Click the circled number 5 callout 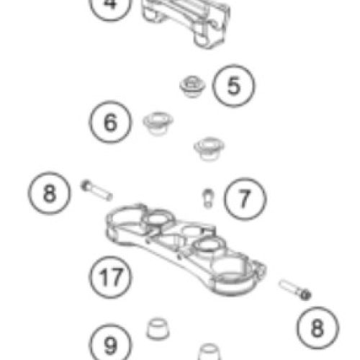pyautogui.click(x=233, y=86)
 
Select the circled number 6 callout pyautogui.click(x=110, y=122)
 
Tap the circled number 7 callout pyautogui.click(x=245, y=199)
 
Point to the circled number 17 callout pyautogui.click(x=110, y=277)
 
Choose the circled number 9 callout pyautogui.click(x=110, y=343)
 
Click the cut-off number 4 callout pyautogui.click(x=110, y=7)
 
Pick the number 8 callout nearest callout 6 pyautogui.click(x=50, y=193)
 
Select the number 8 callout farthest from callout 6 pyautogui.click(x=318, y=328)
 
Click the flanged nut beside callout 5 pyautogui.click(x=192, y=86)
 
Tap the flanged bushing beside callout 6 pyautogui.click(x=158, y=123)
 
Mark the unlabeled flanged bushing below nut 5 pyautogui.click(x=209, y=148)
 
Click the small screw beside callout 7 pyautogui.click(x=208, y=199)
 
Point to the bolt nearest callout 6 pyautogui.click(x=96, y=190)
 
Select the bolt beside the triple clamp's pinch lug pyautogui.click(x=295, y=290)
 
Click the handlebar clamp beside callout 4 pyautogui.click(x=186, y=23)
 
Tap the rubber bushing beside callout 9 pyautogui.click(x=158, y=329)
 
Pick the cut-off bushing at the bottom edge pyautogui.click(x=209, y=351)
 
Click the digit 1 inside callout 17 pyautogui.click(x=103, y=277)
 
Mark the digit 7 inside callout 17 pyautogui.click(x=117, y=277)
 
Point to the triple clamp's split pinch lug pyautogui.click(x=261, y=269)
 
